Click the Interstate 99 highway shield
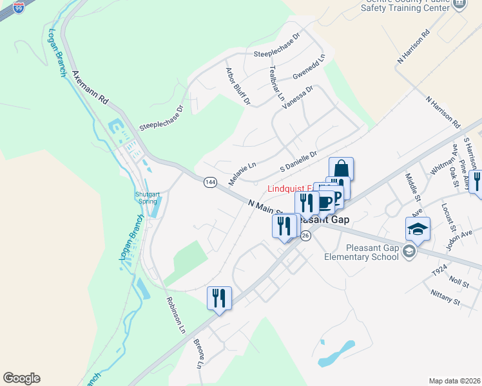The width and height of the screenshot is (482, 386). point(21,7)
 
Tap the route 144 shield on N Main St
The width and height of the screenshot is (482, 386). point(210,182)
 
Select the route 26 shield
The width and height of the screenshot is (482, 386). point(306,236)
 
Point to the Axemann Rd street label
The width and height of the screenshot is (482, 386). point(90,87)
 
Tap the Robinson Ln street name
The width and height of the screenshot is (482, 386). point(175,315)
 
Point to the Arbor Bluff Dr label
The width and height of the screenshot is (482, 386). point(237,86)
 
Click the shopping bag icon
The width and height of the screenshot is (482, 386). point(341,169)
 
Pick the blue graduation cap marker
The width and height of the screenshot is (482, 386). point(418,229)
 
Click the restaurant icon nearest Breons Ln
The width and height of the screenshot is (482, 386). point(219,298)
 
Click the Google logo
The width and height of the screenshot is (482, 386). point(21,378)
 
